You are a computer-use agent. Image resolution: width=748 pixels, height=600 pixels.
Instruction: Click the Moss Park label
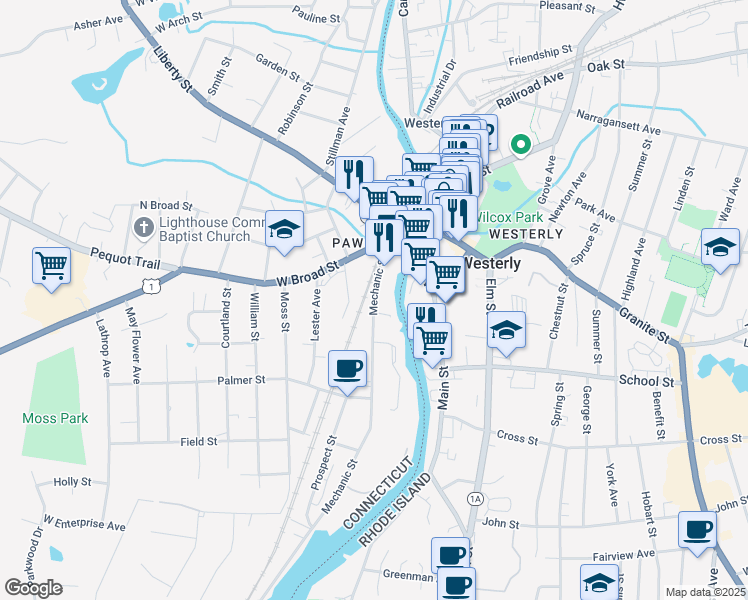point(57,419)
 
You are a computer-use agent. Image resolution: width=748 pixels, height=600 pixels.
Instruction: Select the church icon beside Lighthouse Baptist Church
point(143,227)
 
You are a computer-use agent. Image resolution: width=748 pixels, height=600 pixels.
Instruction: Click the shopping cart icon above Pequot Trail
point(51,266)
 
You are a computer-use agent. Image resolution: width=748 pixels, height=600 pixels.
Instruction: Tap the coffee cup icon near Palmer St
point(347,369)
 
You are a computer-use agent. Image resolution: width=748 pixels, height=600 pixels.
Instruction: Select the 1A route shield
point(475,498)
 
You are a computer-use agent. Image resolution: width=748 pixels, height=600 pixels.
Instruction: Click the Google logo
point(33,588)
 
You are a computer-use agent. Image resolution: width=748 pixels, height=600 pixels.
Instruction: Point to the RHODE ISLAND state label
point(396,510)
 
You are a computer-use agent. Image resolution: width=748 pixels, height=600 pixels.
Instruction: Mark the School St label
point(645,381)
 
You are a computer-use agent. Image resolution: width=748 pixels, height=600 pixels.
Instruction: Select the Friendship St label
point(539,50)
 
